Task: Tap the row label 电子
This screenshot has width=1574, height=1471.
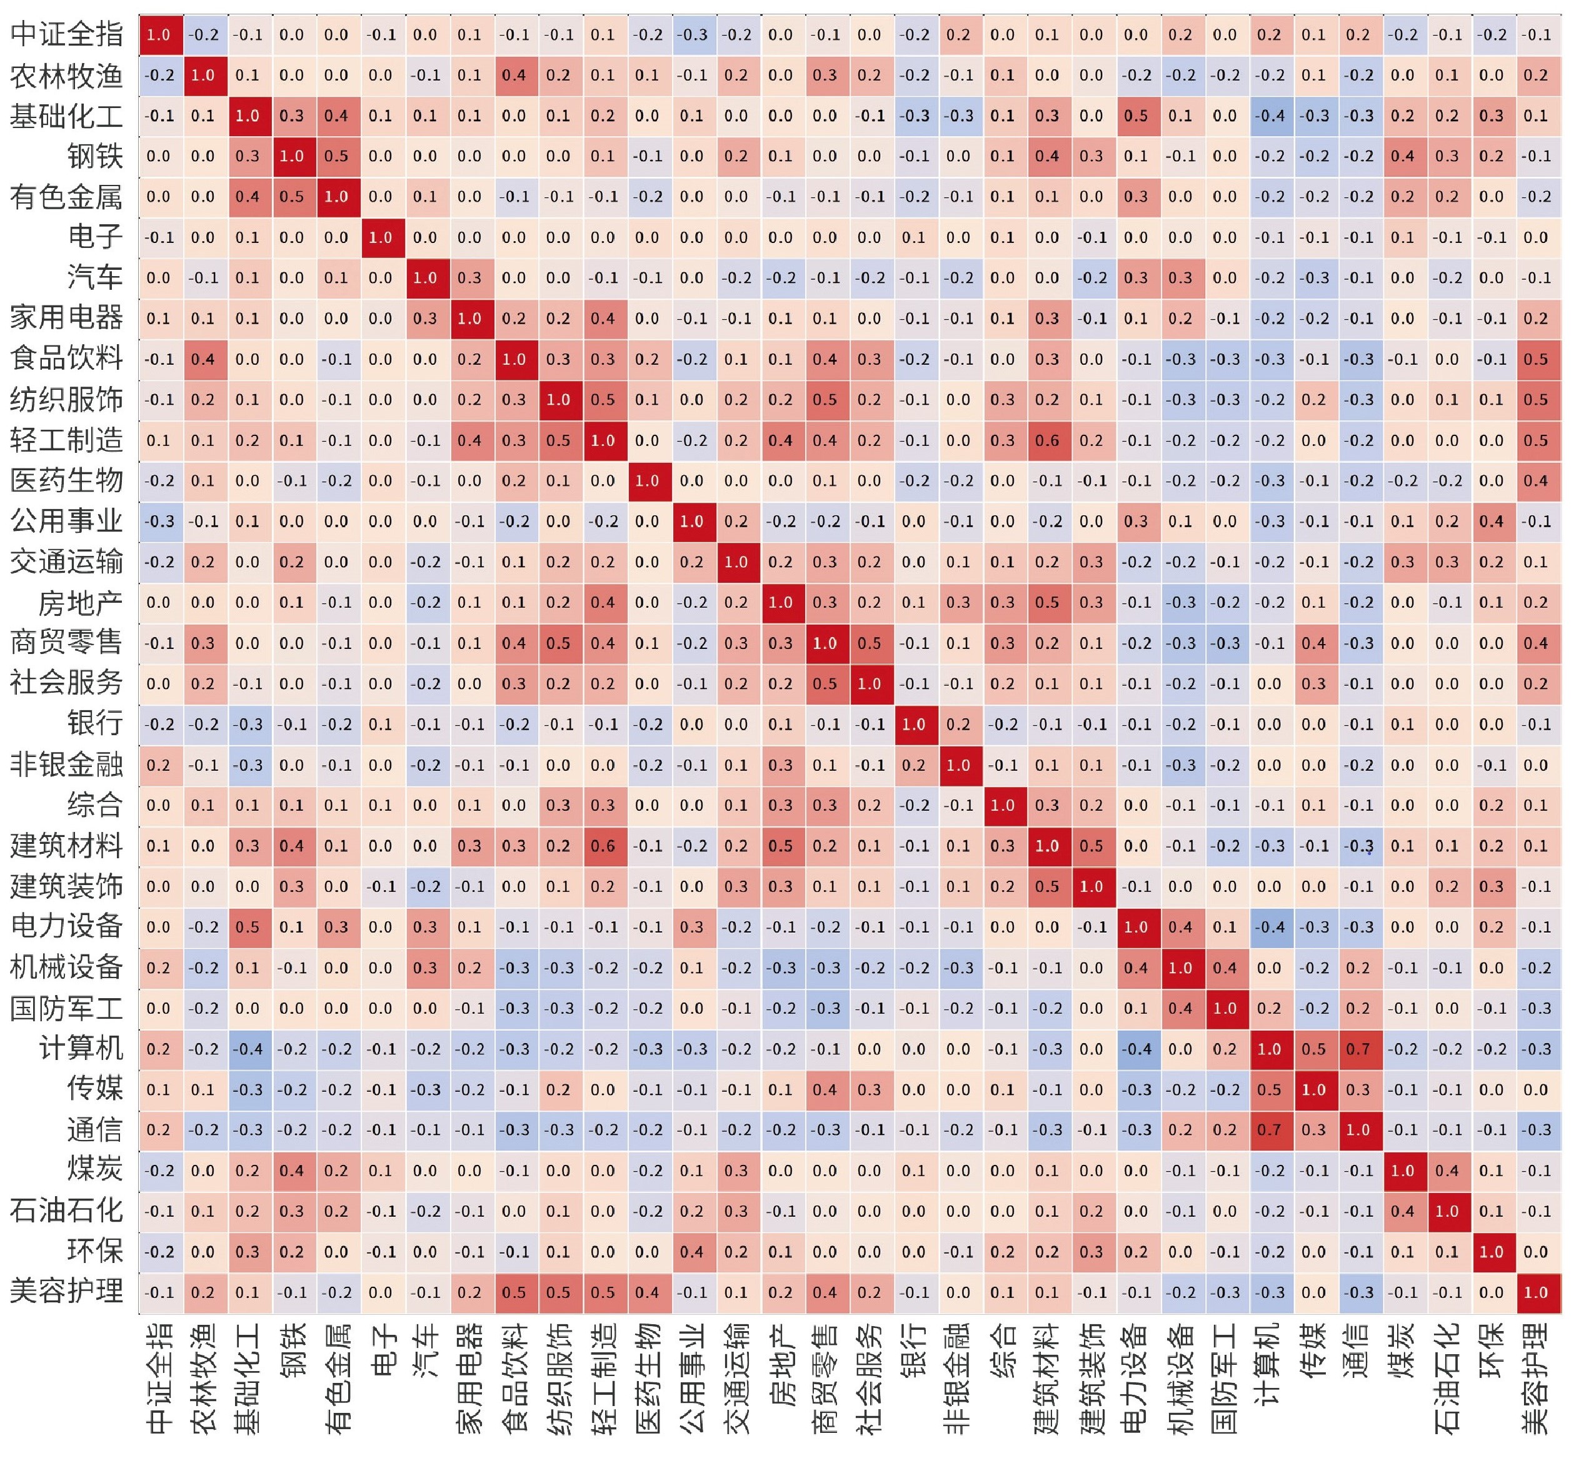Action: click(x=95, y=237)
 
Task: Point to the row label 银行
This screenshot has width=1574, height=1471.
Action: click(x=95, y=723)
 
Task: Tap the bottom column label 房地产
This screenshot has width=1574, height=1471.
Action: click(x=781, y=1365)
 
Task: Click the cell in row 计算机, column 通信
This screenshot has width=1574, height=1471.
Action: click(x=1358, y=1049)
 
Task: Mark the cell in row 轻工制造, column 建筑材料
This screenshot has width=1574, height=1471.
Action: click(x=1046, y=440)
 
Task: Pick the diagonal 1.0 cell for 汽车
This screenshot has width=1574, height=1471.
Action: click(x=425, y=278)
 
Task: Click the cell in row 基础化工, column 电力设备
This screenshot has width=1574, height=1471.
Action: click(x=1135, y=116)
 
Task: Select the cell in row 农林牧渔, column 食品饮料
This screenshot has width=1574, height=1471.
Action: click(x=514, y=75)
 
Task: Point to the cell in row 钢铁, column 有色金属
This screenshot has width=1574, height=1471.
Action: click(x=336, y=156)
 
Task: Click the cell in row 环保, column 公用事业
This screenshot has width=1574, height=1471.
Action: click(x=691, y=1252)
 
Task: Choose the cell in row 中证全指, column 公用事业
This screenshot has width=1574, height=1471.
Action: click(x=691, y=34)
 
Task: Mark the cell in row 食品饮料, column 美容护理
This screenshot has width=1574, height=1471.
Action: click(x=1535, y=359)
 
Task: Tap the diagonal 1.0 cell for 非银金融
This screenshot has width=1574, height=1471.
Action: click(x=958, y=765)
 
